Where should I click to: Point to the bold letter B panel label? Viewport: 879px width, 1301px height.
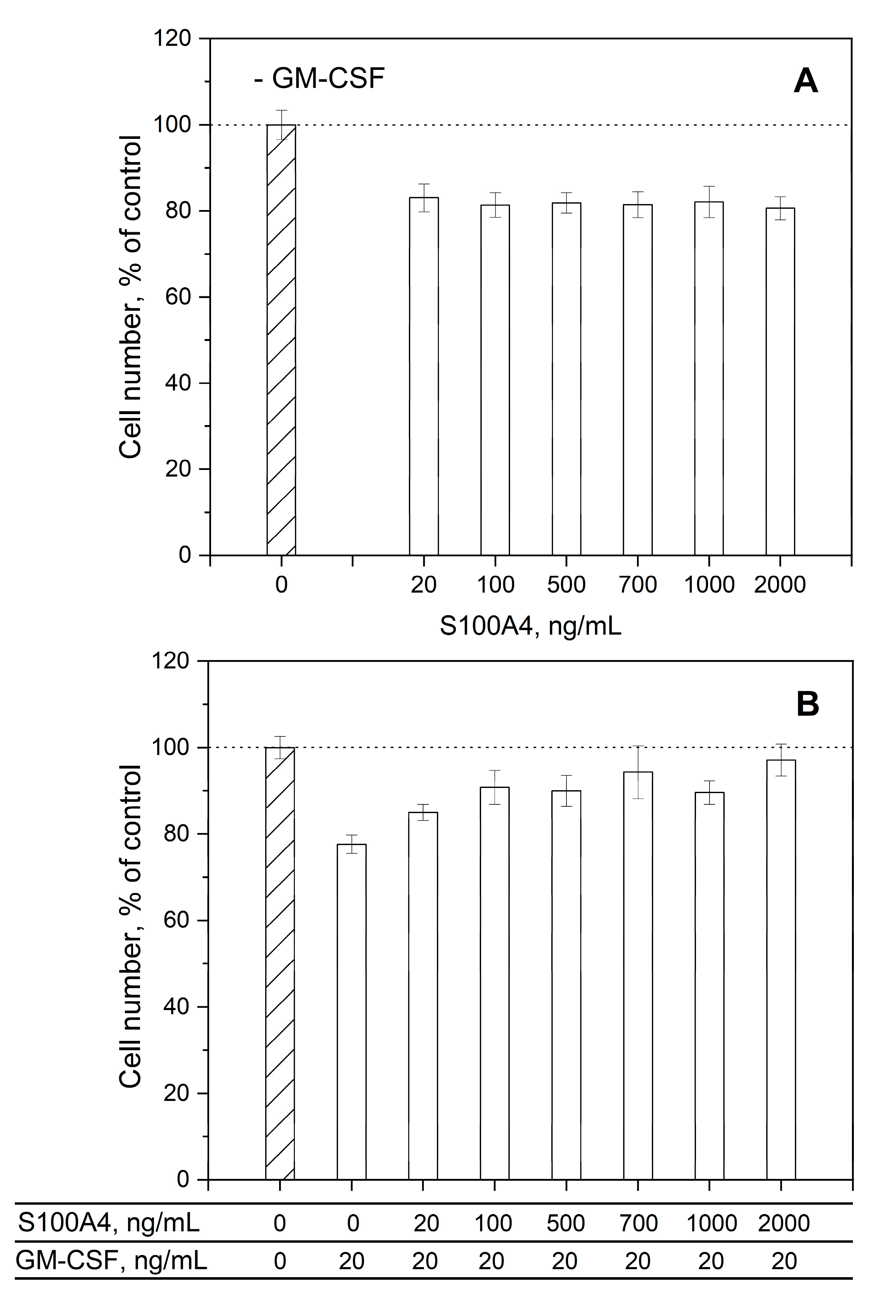pos(807,704)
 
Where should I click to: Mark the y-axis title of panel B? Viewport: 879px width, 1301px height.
pos(130,927)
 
